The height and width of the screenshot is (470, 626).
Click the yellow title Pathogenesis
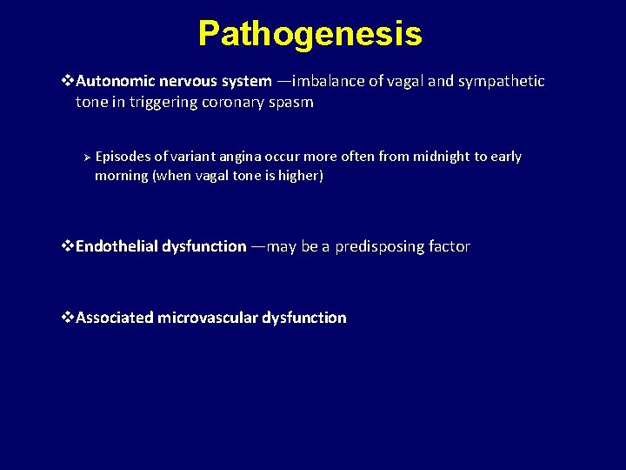point(310,34)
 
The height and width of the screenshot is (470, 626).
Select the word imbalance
point(329,81)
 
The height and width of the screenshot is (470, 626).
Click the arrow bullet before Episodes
point(86,157)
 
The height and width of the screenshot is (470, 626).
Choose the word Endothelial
point(117,246)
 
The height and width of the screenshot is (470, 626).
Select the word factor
point(450,246)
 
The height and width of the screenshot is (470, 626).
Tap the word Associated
point(115,318)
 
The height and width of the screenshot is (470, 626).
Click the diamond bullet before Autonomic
point(69,81)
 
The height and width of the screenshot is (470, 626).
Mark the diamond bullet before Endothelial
point(69,246)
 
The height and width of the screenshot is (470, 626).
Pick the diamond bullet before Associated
point(69,318)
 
